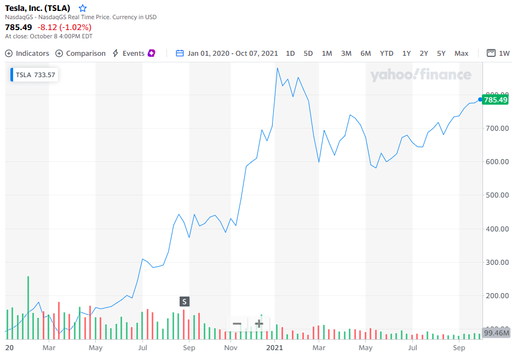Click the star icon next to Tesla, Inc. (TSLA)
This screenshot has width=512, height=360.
pyautogui.click(x=83, y=8)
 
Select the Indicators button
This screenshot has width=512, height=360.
pyautogui.click(x=27, y=53)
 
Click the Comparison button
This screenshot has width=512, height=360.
pyautogui.click(x=80, y=53)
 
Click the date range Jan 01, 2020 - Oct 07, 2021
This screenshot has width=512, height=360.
pyautogui.click(x=227, y=53)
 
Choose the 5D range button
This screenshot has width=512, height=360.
pyautogui.click(x=308, y=53)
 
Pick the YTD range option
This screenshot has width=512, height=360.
pyautogui.click(x=387, y=53)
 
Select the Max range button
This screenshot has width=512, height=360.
pyautogui.click(x=462, y=53)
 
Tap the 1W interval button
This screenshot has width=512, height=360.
pyautogui.click(x=499, y=53)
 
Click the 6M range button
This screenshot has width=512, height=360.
pyautogui.click(x=366, y=53)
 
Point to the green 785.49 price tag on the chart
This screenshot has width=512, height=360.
pyautogui.click(x=496, y=100)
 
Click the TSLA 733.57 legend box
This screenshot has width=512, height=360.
pyautogui.click(x=34, y=75)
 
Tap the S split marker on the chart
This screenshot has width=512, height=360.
pyautogui.click(x=185, y=301)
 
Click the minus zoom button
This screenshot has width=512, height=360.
pyautogui.click(x=237, y=323)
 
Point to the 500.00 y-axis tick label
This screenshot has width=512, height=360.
pyautogui.click(x=498, y=195)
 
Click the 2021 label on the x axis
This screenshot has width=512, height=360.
pyautogui.click(x=274, y=347)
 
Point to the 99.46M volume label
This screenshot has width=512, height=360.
pyautogui.click(x=497, y=333)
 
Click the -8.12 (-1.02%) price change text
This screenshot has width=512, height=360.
pyautogui.click(x=64, y=27)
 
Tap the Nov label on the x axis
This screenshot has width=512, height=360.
pyautogui.click(x=231, y=347)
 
